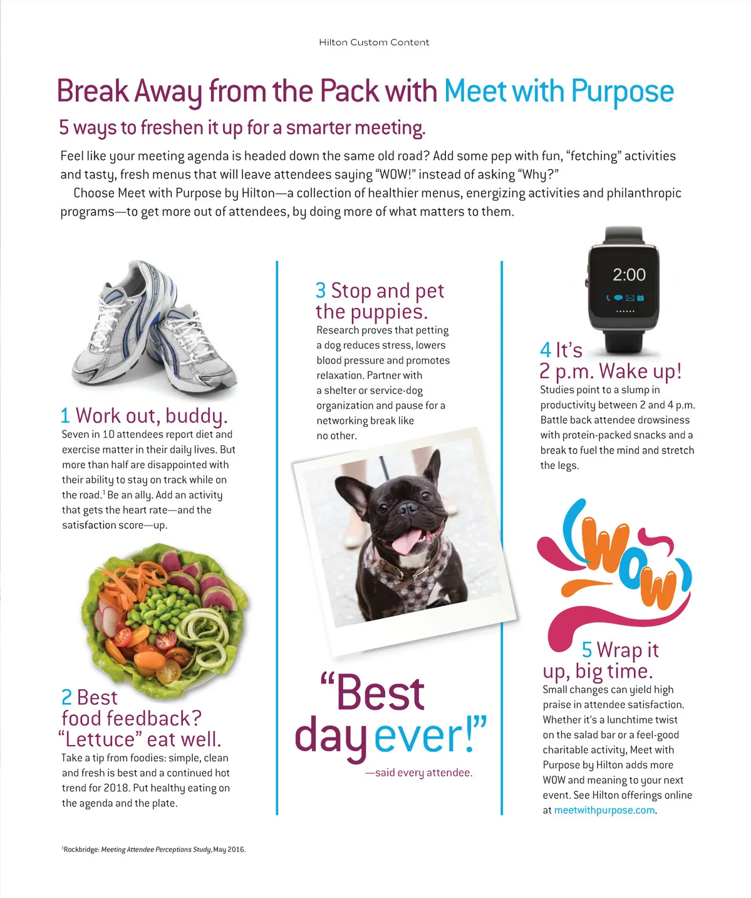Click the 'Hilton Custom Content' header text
point(374,43)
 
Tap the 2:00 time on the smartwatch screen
point(629,275)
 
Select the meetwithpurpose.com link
point(604,810)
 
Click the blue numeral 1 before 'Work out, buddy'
point(65,416)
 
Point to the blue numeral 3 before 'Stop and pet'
point(321,291)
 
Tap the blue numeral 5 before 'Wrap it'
point(586,650)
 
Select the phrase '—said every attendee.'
point(418,773)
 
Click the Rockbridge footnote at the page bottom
point(153,850)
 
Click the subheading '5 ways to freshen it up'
point(242,128)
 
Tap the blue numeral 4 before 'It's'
point(546,350)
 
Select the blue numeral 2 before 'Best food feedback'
point(66,697)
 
